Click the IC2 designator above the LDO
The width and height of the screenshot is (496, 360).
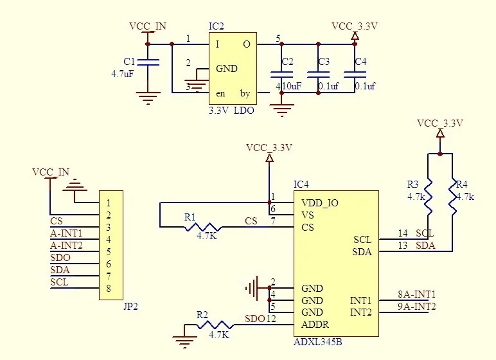coord(217,26)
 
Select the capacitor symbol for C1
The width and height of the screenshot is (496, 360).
coord(148,62)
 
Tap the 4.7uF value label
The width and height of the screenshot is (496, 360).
coord(123,74)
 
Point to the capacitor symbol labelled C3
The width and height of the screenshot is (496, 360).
coord(318,75)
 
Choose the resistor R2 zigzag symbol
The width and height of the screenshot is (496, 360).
coord(215,325)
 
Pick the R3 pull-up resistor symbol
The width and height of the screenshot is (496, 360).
coord(428,196)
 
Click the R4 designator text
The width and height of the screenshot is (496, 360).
coord(462,184)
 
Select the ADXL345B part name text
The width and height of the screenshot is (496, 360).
coord(317,342)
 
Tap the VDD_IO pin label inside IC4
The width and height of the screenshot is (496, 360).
coord(320,203)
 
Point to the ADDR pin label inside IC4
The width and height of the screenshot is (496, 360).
coord(315,325)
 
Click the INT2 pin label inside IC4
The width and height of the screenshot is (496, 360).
coord(360,312)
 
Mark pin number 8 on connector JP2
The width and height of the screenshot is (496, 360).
coord(109,289)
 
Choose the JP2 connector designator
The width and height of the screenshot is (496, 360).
coord(130,307)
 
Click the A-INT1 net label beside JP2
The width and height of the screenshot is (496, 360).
coord(66,233)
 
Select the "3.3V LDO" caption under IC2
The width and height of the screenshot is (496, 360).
coord(231,111)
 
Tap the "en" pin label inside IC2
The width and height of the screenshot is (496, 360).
coord(220,94)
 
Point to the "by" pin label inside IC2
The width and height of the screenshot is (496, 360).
coord(245,93)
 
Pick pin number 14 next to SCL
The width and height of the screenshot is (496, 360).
coord(403,233)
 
